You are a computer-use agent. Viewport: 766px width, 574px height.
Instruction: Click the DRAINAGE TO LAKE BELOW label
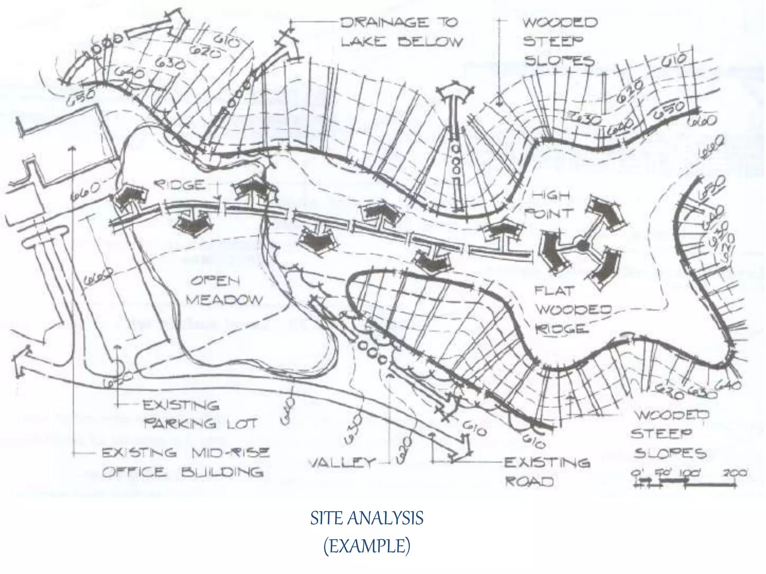pos(401,32)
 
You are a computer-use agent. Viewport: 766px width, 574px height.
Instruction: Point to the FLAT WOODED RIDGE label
pos(572,309)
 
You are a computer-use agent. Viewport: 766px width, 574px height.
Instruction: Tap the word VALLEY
pos(341,463)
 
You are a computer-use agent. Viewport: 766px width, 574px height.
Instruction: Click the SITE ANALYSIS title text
pos(367,518)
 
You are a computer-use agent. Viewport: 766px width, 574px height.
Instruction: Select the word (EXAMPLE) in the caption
pos(367,546)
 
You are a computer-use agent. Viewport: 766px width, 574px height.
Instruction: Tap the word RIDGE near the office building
pos(180,185)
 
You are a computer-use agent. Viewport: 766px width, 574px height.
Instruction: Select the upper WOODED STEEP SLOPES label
pos(559,41)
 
